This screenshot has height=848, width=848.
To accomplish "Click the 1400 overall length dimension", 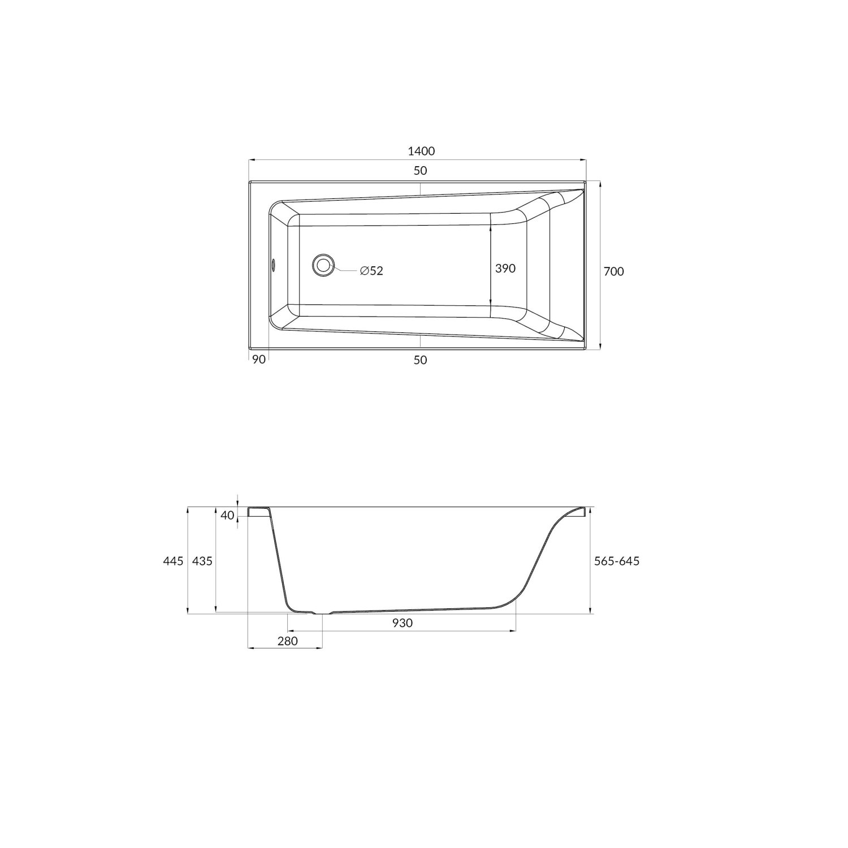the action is [x=421, y=151].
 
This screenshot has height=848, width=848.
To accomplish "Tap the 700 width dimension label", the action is [x=614, y=271].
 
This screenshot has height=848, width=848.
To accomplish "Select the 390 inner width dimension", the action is [x=505, y=269].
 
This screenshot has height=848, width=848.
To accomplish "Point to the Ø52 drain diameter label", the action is [x=371, y=271].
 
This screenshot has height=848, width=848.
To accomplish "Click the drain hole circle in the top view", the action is [x=323, y=265].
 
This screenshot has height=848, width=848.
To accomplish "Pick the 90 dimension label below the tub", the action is [x=259, y=360].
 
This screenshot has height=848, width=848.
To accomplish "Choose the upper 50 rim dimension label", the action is [x=420, y=170].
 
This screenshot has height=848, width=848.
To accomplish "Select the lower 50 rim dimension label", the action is [x=420, y=360].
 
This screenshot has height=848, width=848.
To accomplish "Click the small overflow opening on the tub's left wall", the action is [x=273, y=264].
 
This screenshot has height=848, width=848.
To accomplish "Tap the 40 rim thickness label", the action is [x=227, y=515].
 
